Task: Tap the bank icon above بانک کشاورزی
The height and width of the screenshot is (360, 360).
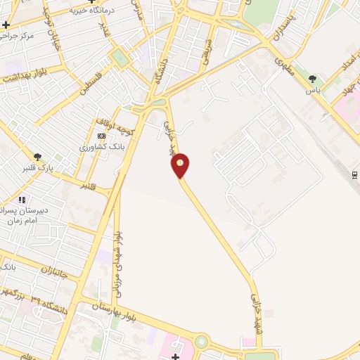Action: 102,136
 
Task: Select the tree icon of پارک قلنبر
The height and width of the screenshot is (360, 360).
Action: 37,157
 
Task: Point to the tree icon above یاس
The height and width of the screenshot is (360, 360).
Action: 313,79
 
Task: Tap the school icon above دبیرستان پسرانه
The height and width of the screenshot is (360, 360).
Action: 21,200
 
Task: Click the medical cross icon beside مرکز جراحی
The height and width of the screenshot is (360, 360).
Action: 6,24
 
